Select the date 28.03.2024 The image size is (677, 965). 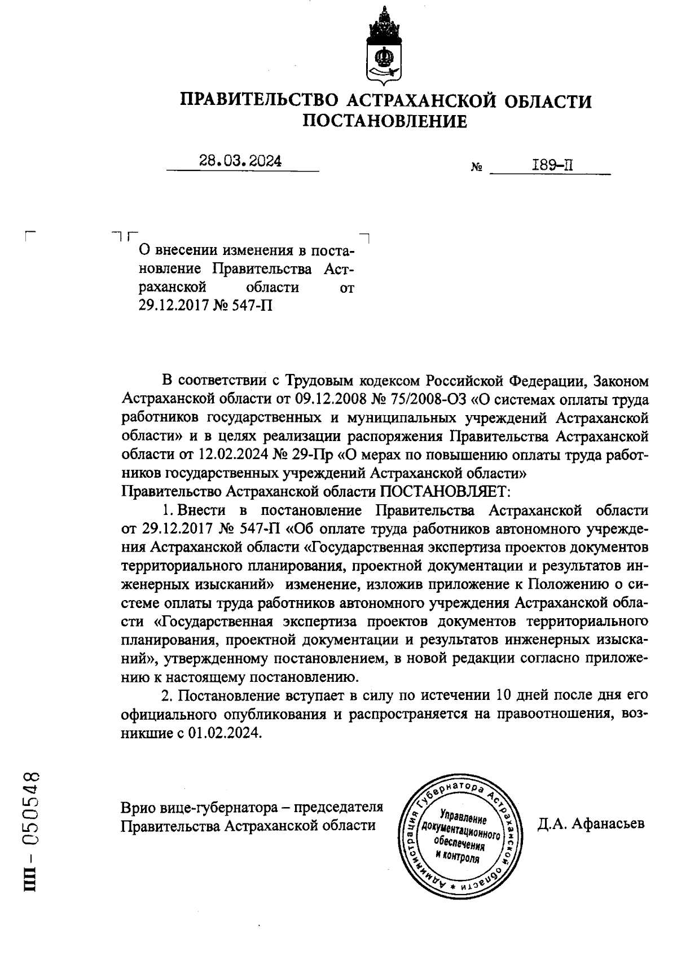[x=240, y=161]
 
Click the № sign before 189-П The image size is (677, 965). [x=476, y=168]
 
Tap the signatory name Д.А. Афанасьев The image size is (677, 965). [x=590, y=824]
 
